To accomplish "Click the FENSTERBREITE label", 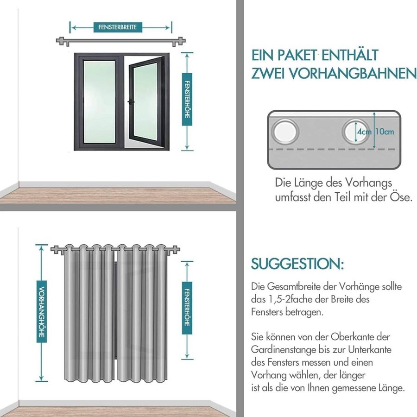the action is point(118,27).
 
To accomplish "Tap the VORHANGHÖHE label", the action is point(42,311).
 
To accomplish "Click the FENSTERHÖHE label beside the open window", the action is point(187,99).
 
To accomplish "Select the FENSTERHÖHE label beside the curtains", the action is point(187,308).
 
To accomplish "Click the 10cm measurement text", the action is point(385,132).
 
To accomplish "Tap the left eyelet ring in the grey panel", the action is point(285,132).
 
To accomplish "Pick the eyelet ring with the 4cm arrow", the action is point(355,132).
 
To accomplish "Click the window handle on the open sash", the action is point(131,102).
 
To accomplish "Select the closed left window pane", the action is point(99,101).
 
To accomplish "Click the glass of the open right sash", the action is point(145,101).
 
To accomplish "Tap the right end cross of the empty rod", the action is point(181,41).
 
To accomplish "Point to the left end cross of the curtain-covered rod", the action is point(55,250).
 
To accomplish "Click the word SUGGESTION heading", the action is point(297,264).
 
